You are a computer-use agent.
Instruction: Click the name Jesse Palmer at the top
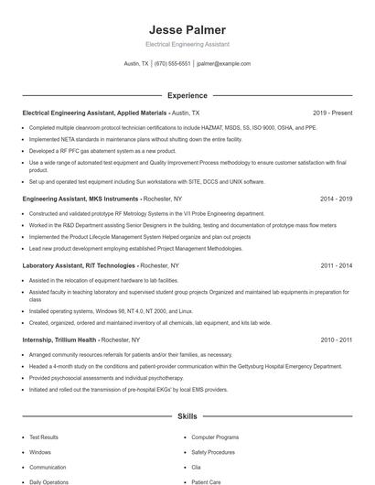(187, 28)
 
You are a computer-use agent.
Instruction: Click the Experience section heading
(187, 94)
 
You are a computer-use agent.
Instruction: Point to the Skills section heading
(187, 415)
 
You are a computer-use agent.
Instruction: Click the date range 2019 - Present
(332, 113)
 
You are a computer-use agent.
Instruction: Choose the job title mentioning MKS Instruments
(80, 198)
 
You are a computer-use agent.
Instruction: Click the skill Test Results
(44, 437)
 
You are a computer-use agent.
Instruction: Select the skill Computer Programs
(215, 437)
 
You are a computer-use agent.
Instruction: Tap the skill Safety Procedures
(213, 452)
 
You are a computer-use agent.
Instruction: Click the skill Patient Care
(206, 481)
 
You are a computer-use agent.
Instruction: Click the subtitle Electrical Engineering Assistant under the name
(187, 44)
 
